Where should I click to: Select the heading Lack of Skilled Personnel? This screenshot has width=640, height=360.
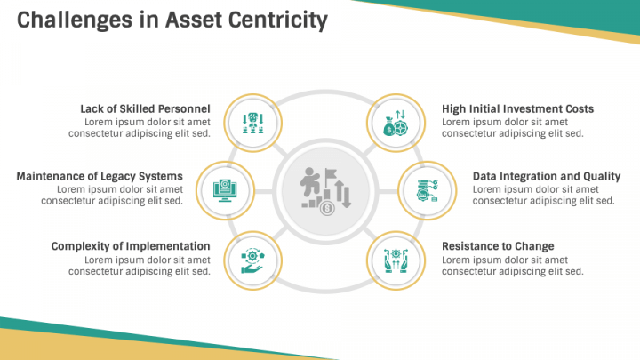click(145, 108)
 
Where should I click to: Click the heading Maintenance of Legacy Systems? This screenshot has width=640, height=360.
click(100, 176)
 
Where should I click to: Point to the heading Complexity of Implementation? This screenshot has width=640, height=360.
click(131, 246)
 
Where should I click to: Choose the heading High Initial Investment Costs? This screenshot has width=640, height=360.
click(517, 108)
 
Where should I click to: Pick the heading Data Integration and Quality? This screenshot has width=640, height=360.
click(547, 176)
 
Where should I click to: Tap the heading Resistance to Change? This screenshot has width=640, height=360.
click(498, 246)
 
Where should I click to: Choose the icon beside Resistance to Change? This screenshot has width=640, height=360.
click(392, 259)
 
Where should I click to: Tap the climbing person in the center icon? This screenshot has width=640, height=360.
click(311, 183)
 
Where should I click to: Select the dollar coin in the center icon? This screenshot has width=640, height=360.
click(328, 209)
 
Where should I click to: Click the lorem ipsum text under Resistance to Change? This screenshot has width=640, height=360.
click(512, 266)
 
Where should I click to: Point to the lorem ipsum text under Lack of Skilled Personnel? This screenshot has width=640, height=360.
click(140, 128)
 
